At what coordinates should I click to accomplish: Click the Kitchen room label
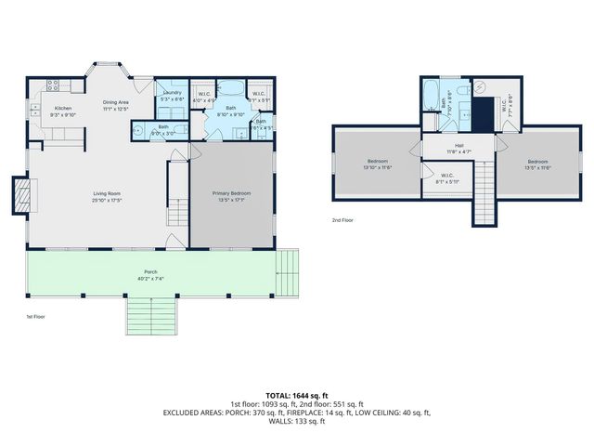[63, 109]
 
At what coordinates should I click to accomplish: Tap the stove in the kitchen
[54, 85]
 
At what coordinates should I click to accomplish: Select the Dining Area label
[115, 103]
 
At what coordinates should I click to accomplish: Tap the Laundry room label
[171, 92]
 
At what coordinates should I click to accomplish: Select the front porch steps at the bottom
[150, 316]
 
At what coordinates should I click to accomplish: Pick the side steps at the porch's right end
[289, 269]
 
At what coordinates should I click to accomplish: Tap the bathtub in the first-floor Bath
[231, 91]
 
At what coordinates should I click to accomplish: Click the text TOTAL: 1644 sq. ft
[297, 395]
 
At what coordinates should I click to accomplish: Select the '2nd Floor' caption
[343, 220]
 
